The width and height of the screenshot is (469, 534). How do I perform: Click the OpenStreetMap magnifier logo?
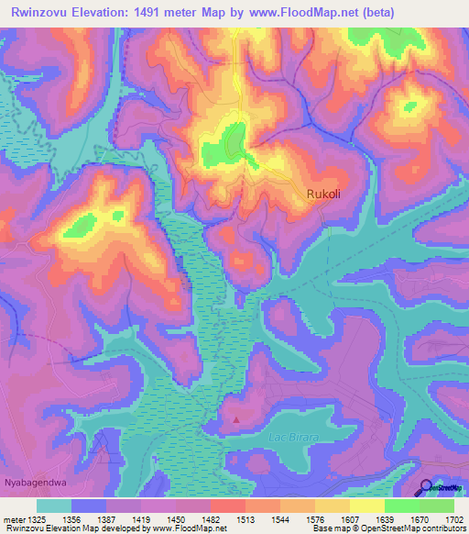[425, 489]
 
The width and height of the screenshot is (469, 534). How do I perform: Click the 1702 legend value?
[455, 518]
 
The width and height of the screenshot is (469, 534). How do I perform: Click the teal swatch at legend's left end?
[54, 506]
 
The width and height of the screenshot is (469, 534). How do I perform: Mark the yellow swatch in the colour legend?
[367, 506]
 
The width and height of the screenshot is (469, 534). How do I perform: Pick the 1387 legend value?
[106, 518]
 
